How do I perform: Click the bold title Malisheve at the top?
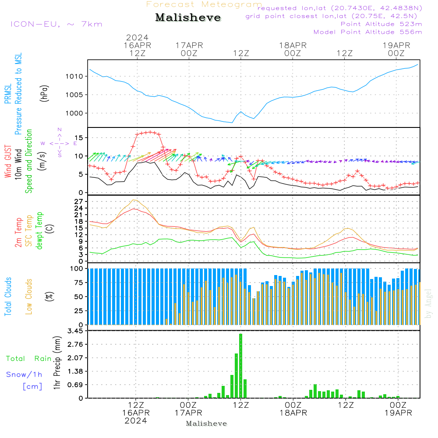(188, 18)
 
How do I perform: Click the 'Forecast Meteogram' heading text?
(204, 4)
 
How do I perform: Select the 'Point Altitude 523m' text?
(381, 24)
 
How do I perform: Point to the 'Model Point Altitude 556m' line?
(367, 32)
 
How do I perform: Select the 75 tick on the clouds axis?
(79, 283)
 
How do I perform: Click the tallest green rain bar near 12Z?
(240, 366)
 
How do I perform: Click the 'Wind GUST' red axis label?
(8, 162)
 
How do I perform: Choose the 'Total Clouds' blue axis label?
(8, 297)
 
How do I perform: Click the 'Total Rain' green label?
(28, 359)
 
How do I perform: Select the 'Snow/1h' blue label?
(24, 375)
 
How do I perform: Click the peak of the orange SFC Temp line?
(135, 200)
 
